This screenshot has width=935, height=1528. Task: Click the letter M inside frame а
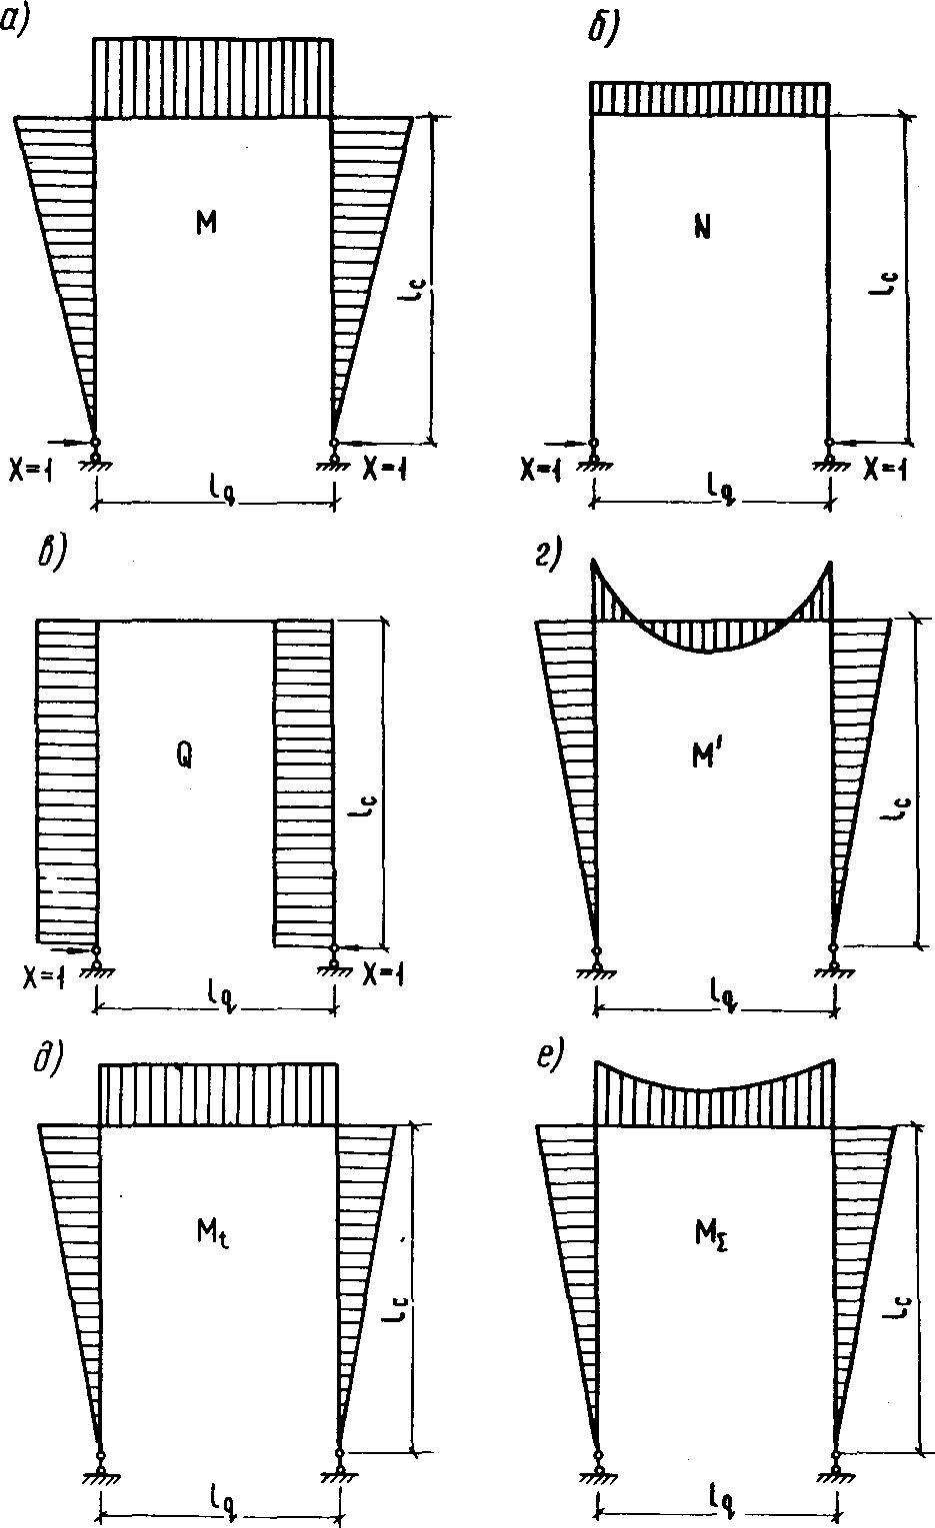tap(206, 223)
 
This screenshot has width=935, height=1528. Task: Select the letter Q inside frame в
tap(184, 756)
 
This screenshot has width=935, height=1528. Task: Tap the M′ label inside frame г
tap(707, 756)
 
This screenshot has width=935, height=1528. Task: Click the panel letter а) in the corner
tap(14, 21)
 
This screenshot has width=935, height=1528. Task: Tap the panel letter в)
tap(51, 555)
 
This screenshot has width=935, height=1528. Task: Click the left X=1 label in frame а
tap(30, 470)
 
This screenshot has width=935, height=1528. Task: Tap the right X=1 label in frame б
tap(885, 469)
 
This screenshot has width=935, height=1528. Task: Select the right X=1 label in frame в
tap(384, 974)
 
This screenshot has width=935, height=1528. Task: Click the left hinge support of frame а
tap(96, 455)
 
